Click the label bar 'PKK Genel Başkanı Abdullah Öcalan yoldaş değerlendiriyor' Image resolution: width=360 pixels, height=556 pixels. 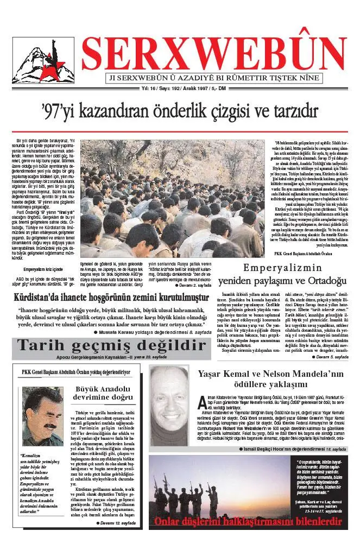coord(75,372)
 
